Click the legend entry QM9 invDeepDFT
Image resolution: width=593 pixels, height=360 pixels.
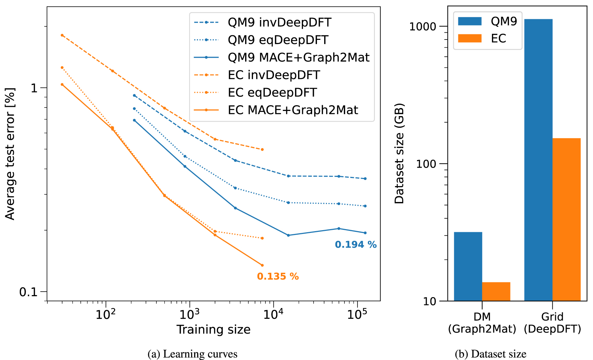coord(279,23)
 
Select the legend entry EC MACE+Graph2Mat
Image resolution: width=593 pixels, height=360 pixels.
coord(293,110)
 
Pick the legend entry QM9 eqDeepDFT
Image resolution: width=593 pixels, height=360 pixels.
coord(278,40)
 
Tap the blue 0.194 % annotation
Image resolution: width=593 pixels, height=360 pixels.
coord(356,245)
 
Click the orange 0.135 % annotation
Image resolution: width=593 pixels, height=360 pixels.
coord(278,277)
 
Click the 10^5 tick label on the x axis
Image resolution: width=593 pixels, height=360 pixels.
coord(357,314)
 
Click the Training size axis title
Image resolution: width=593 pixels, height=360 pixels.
coord(213,329)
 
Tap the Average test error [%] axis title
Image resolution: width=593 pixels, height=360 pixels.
coord(10,154)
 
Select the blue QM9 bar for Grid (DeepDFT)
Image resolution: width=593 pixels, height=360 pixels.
coord(538,160)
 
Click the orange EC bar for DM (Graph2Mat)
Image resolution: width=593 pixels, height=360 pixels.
coord(496,291)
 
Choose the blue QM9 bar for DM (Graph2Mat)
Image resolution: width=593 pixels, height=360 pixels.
coord(468,266)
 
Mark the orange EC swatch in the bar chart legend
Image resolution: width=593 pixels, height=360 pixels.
coord(470,38)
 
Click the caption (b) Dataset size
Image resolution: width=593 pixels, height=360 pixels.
coord(491,354)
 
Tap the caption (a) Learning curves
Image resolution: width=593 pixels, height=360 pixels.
coord(193,354)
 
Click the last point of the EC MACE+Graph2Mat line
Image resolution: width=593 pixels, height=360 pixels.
coord(262,265)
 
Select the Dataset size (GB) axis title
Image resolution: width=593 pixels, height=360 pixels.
coord(399,154)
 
